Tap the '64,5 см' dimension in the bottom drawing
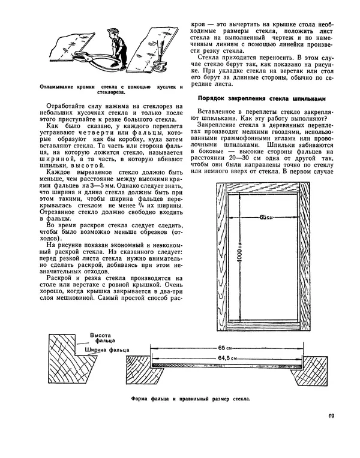[x=226, y=357]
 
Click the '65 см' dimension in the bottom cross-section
[x=226, y=348]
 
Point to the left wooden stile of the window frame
[x=224, y=258]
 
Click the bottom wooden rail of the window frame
[x=266, y=329]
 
